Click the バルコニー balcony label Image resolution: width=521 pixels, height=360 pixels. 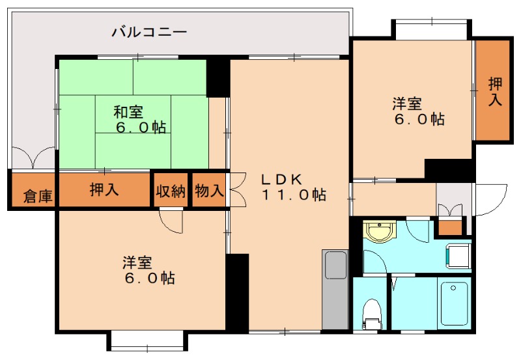tap(149, 30)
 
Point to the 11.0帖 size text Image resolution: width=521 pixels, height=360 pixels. tap(294, 195)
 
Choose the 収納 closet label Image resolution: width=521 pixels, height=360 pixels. tap(171, 191)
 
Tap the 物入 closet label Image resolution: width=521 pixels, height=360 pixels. tap(209, 191)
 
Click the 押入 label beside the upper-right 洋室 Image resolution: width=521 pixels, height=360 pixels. tap(496, 91)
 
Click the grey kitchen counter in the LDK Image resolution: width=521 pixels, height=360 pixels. tap(335, 289)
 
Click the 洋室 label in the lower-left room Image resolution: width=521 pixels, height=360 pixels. tap(138, 263)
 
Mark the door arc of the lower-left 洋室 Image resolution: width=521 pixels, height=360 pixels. tap(171, 220)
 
